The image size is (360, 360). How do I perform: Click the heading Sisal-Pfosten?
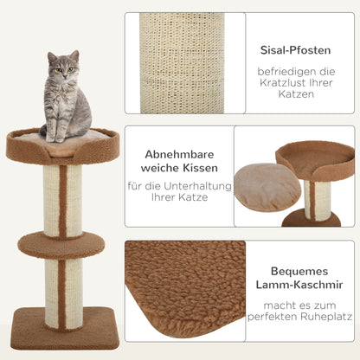click(300, 49)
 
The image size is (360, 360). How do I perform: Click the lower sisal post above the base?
click(62, 291)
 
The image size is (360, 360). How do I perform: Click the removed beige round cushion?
click(267, 186)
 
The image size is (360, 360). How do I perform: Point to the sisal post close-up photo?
click(183, 62)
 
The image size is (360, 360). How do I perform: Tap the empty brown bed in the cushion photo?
click(315, 159)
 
